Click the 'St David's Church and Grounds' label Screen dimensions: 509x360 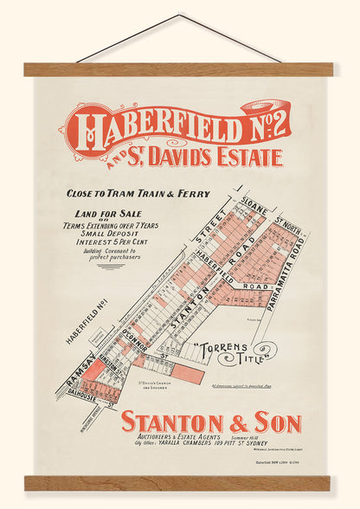point(157,382)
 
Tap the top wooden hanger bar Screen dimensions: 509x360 point(180,69)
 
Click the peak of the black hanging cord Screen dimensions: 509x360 point(181,15)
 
